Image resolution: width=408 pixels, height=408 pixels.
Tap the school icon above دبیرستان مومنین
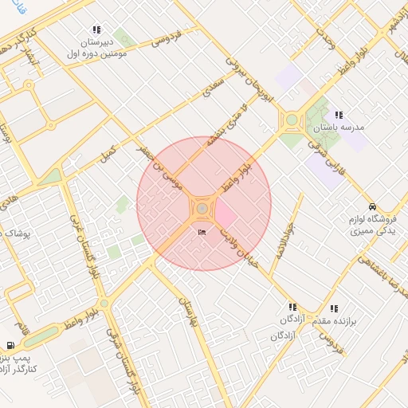tap(96, 29)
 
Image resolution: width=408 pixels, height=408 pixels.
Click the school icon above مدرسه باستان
tap(339, 116)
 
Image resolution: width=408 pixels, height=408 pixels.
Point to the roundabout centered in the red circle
tap(203, 209)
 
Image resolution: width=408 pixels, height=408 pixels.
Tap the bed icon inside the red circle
tap(202, 231)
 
